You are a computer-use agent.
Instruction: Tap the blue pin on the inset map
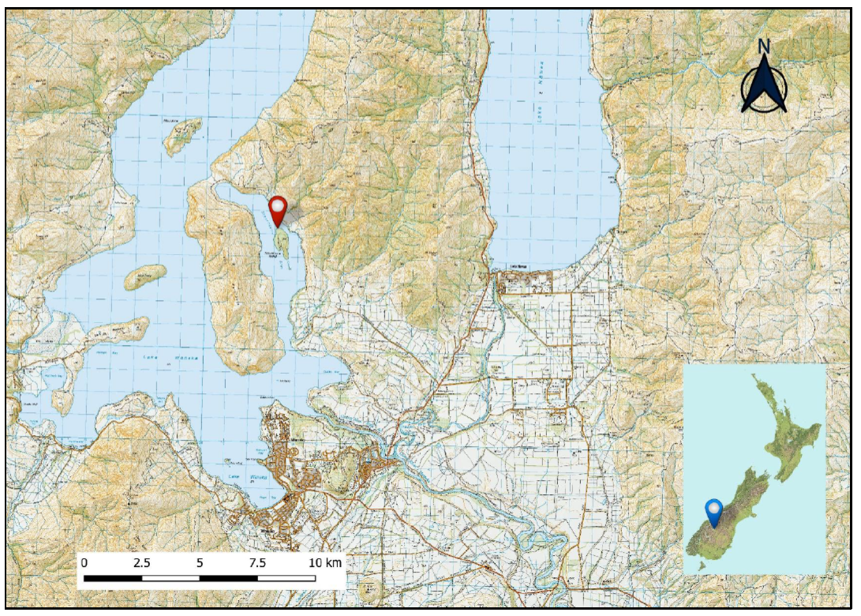(x=714, y=510)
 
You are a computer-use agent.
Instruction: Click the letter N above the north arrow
(x=764, y=47)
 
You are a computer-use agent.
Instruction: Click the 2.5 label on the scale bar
(x=143, y=563)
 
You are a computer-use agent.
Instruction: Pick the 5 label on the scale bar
(x=200, y=563)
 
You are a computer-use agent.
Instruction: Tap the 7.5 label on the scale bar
(x=257, y=563)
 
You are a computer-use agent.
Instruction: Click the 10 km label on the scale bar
(x=324, y=563)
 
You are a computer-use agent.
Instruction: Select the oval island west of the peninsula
(x=145, y=276)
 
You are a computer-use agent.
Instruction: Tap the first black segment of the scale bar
(x=113, y=578)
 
